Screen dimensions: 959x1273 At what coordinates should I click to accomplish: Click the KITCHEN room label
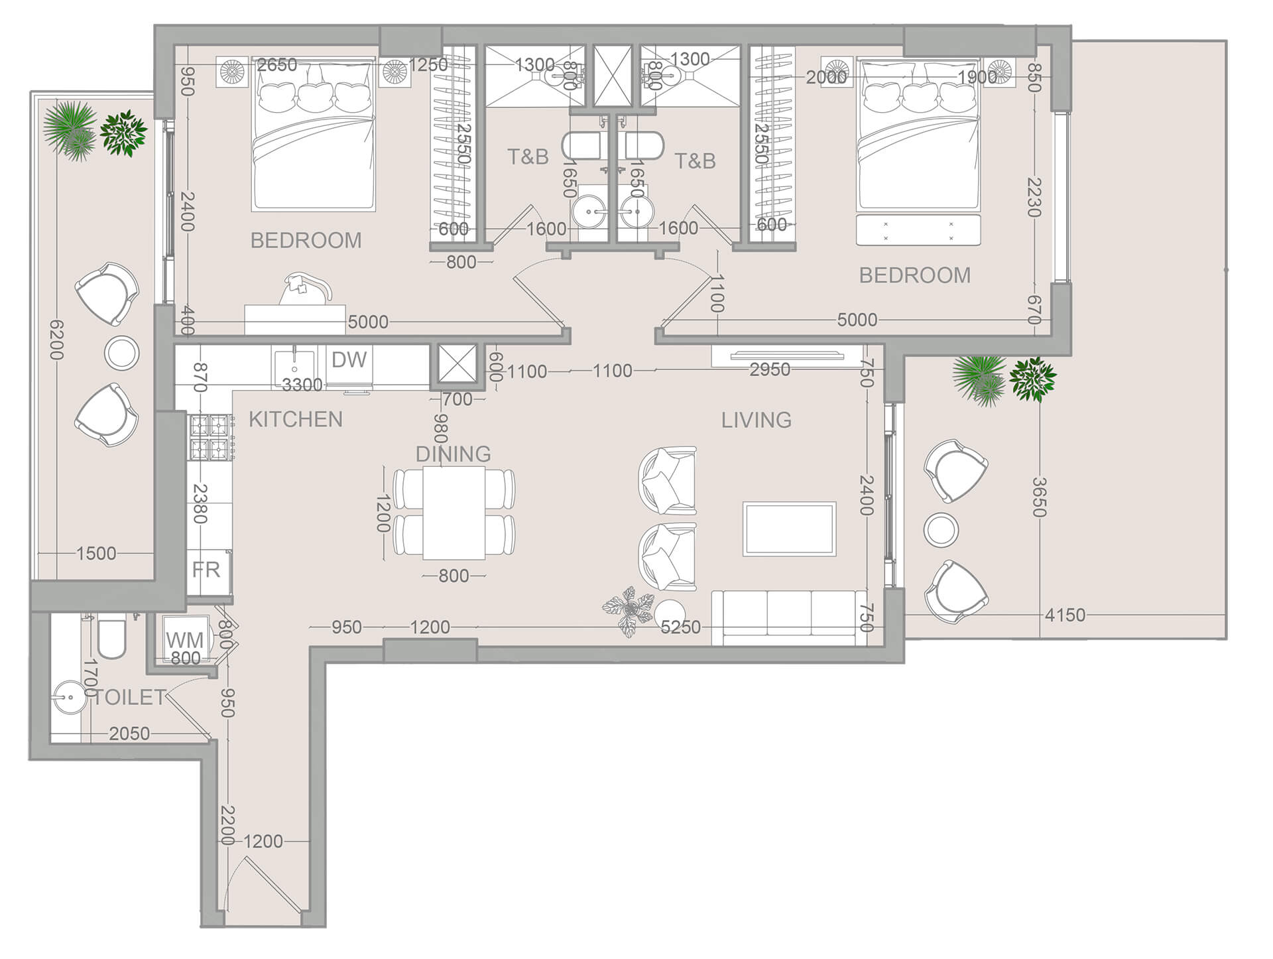pos(296,419)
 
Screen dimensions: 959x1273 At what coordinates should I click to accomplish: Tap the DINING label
pos(453,454)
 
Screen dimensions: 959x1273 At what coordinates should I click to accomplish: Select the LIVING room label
pos(756,420)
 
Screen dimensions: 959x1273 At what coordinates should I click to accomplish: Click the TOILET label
pos(130,697)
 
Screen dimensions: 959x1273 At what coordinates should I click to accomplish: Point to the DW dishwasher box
pos(349,360)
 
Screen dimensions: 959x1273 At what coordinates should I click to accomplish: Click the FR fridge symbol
pos(206,570)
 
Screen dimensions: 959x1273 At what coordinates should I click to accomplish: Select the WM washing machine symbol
pos(184,640)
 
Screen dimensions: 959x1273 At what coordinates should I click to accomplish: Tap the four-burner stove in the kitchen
pos(210,438)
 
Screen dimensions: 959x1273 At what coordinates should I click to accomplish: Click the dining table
pos(454,513)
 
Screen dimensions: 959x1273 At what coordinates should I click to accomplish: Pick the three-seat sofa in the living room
pos(788,617)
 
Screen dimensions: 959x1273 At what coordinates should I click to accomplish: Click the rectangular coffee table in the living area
pos(789,529)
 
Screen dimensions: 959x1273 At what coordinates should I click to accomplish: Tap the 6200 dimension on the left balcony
pos(57,340)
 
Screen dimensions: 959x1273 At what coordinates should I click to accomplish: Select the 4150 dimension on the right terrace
pos(1065,615)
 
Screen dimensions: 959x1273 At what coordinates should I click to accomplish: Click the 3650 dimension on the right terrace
pos(1039,497)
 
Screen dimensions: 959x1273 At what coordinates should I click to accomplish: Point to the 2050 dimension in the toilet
pos(129,734)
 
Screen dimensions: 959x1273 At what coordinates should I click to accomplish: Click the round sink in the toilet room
pos(68,697)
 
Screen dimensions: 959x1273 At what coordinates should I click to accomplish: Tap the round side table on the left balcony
pos(122,353)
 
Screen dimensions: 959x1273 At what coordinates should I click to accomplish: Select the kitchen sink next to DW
pos(294,365)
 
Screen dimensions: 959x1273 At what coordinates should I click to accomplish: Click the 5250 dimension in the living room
pos(680,627)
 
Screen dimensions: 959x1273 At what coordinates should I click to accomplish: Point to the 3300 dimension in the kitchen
pos(302,385)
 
